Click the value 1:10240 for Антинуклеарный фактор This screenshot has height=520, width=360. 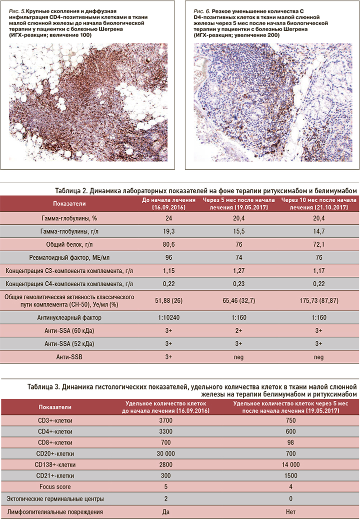168,317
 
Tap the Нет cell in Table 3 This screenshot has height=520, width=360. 287,511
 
